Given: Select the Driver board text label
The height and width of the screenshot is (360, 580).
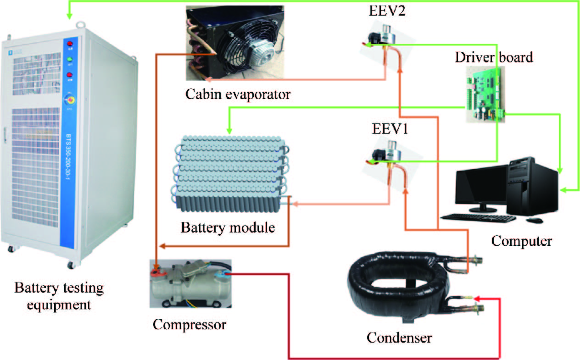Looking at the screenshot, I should point(494,58).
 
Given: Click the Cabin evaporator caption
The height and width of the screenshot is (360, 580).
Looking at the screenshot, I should point(238,95).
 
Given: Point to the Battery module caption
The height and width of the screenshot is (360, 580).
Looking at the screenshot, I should point(228,227).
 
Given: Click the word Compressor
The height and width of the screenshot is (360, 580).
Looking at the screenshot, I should point(190,324).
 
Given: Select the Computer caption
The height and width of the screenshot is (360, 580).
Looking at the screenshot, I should point(521,240).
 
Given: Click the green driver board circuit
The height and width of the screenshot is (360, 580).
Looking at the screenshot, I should point(485,94).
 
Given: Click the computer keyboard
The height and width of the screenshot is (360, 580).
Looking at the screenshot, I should point(478,217).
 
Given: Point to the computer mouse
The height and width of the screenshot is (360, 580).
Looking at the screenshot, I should point(534,221).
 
